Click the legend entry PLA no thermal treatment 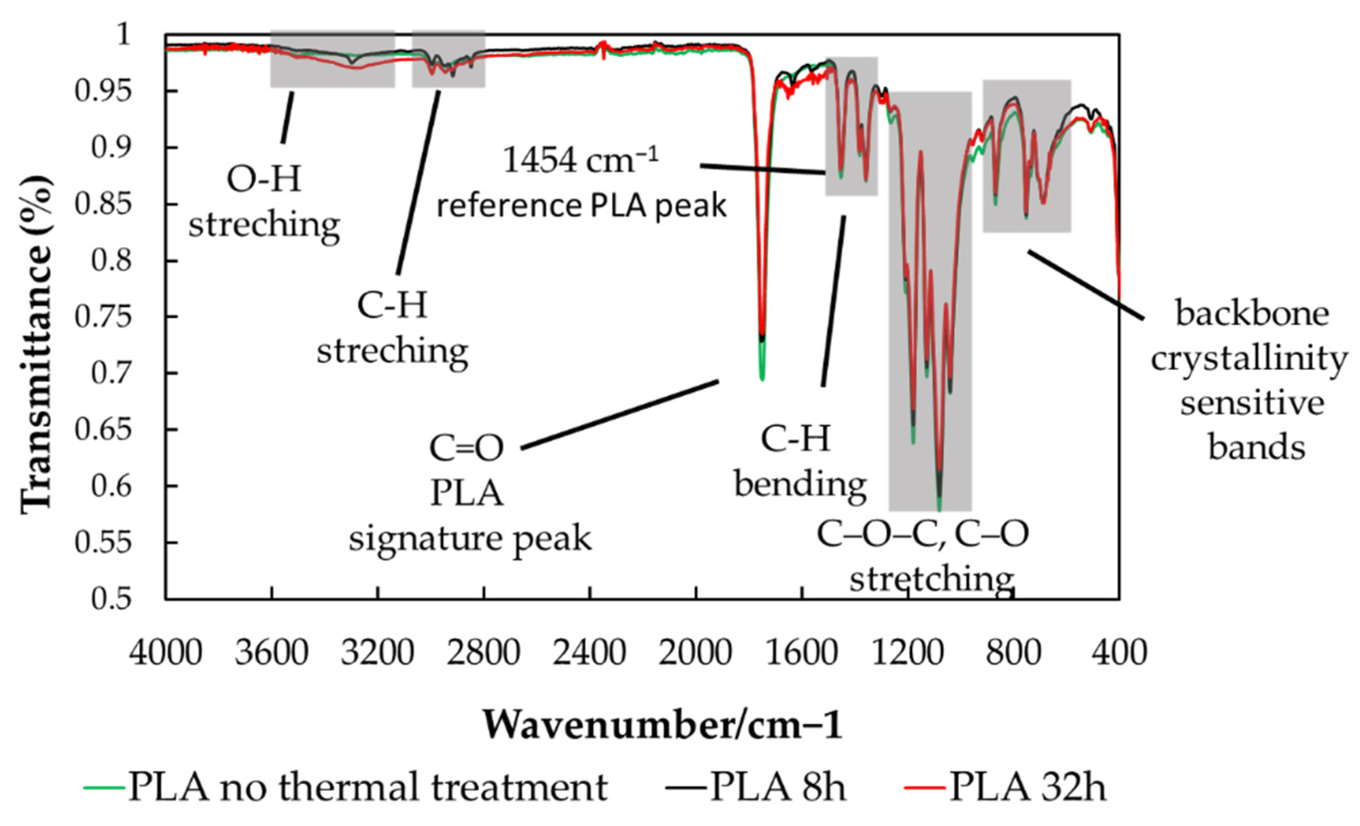coord(368,787)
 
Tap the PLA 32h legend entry coord(1027,787)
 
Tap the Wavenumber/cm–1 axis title coord(662,725)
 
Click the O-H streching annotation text coord(264,201)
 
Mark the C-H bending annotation coord(799,463)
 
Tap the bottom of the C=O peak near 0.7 coord(762,379)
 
